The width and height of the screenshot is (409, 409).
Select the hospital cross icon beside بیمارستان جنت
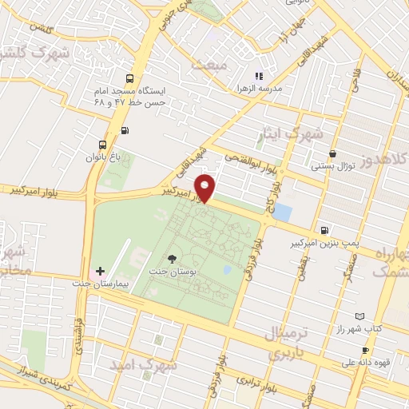(100, 272)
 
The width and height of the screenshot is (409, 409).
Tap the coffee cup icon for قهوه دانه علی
(365, 350)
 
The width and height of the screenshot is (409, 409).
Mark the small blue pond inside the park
(228, 270)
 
